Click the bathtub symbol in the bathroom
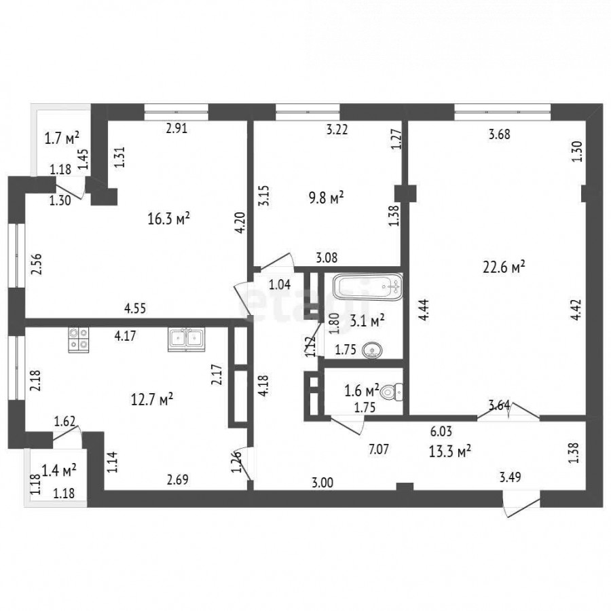point(367,286)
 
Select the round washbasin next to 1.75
point(373,350)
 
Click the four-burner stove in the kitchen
point(78,340)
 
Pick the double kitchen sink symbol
point(186,339)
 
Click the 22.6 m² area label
point(504,267)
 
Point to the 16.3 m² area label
point(169,219)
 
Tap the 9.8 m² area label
point(326,198)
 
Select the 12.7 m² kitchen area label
point(151,399)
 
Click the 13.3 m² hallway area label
point(450,451)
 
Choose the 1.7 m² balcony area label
point(62,138)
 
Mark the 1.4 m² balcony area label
point(59,470)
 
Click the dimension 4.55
point(135,308)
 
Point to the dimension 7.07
point(378,449)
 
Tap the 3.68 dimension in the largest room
point(499,134)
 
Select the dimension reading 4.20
point(240,223)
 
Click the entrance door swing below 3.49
point(521,504)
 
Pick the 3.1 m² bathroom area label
point(367,321)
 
